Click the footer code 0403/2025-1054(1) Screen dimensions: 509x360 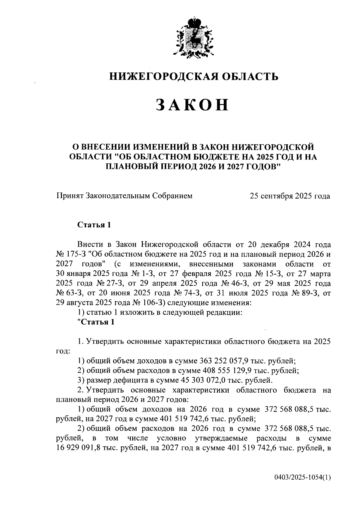click(x=302, y=478)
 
